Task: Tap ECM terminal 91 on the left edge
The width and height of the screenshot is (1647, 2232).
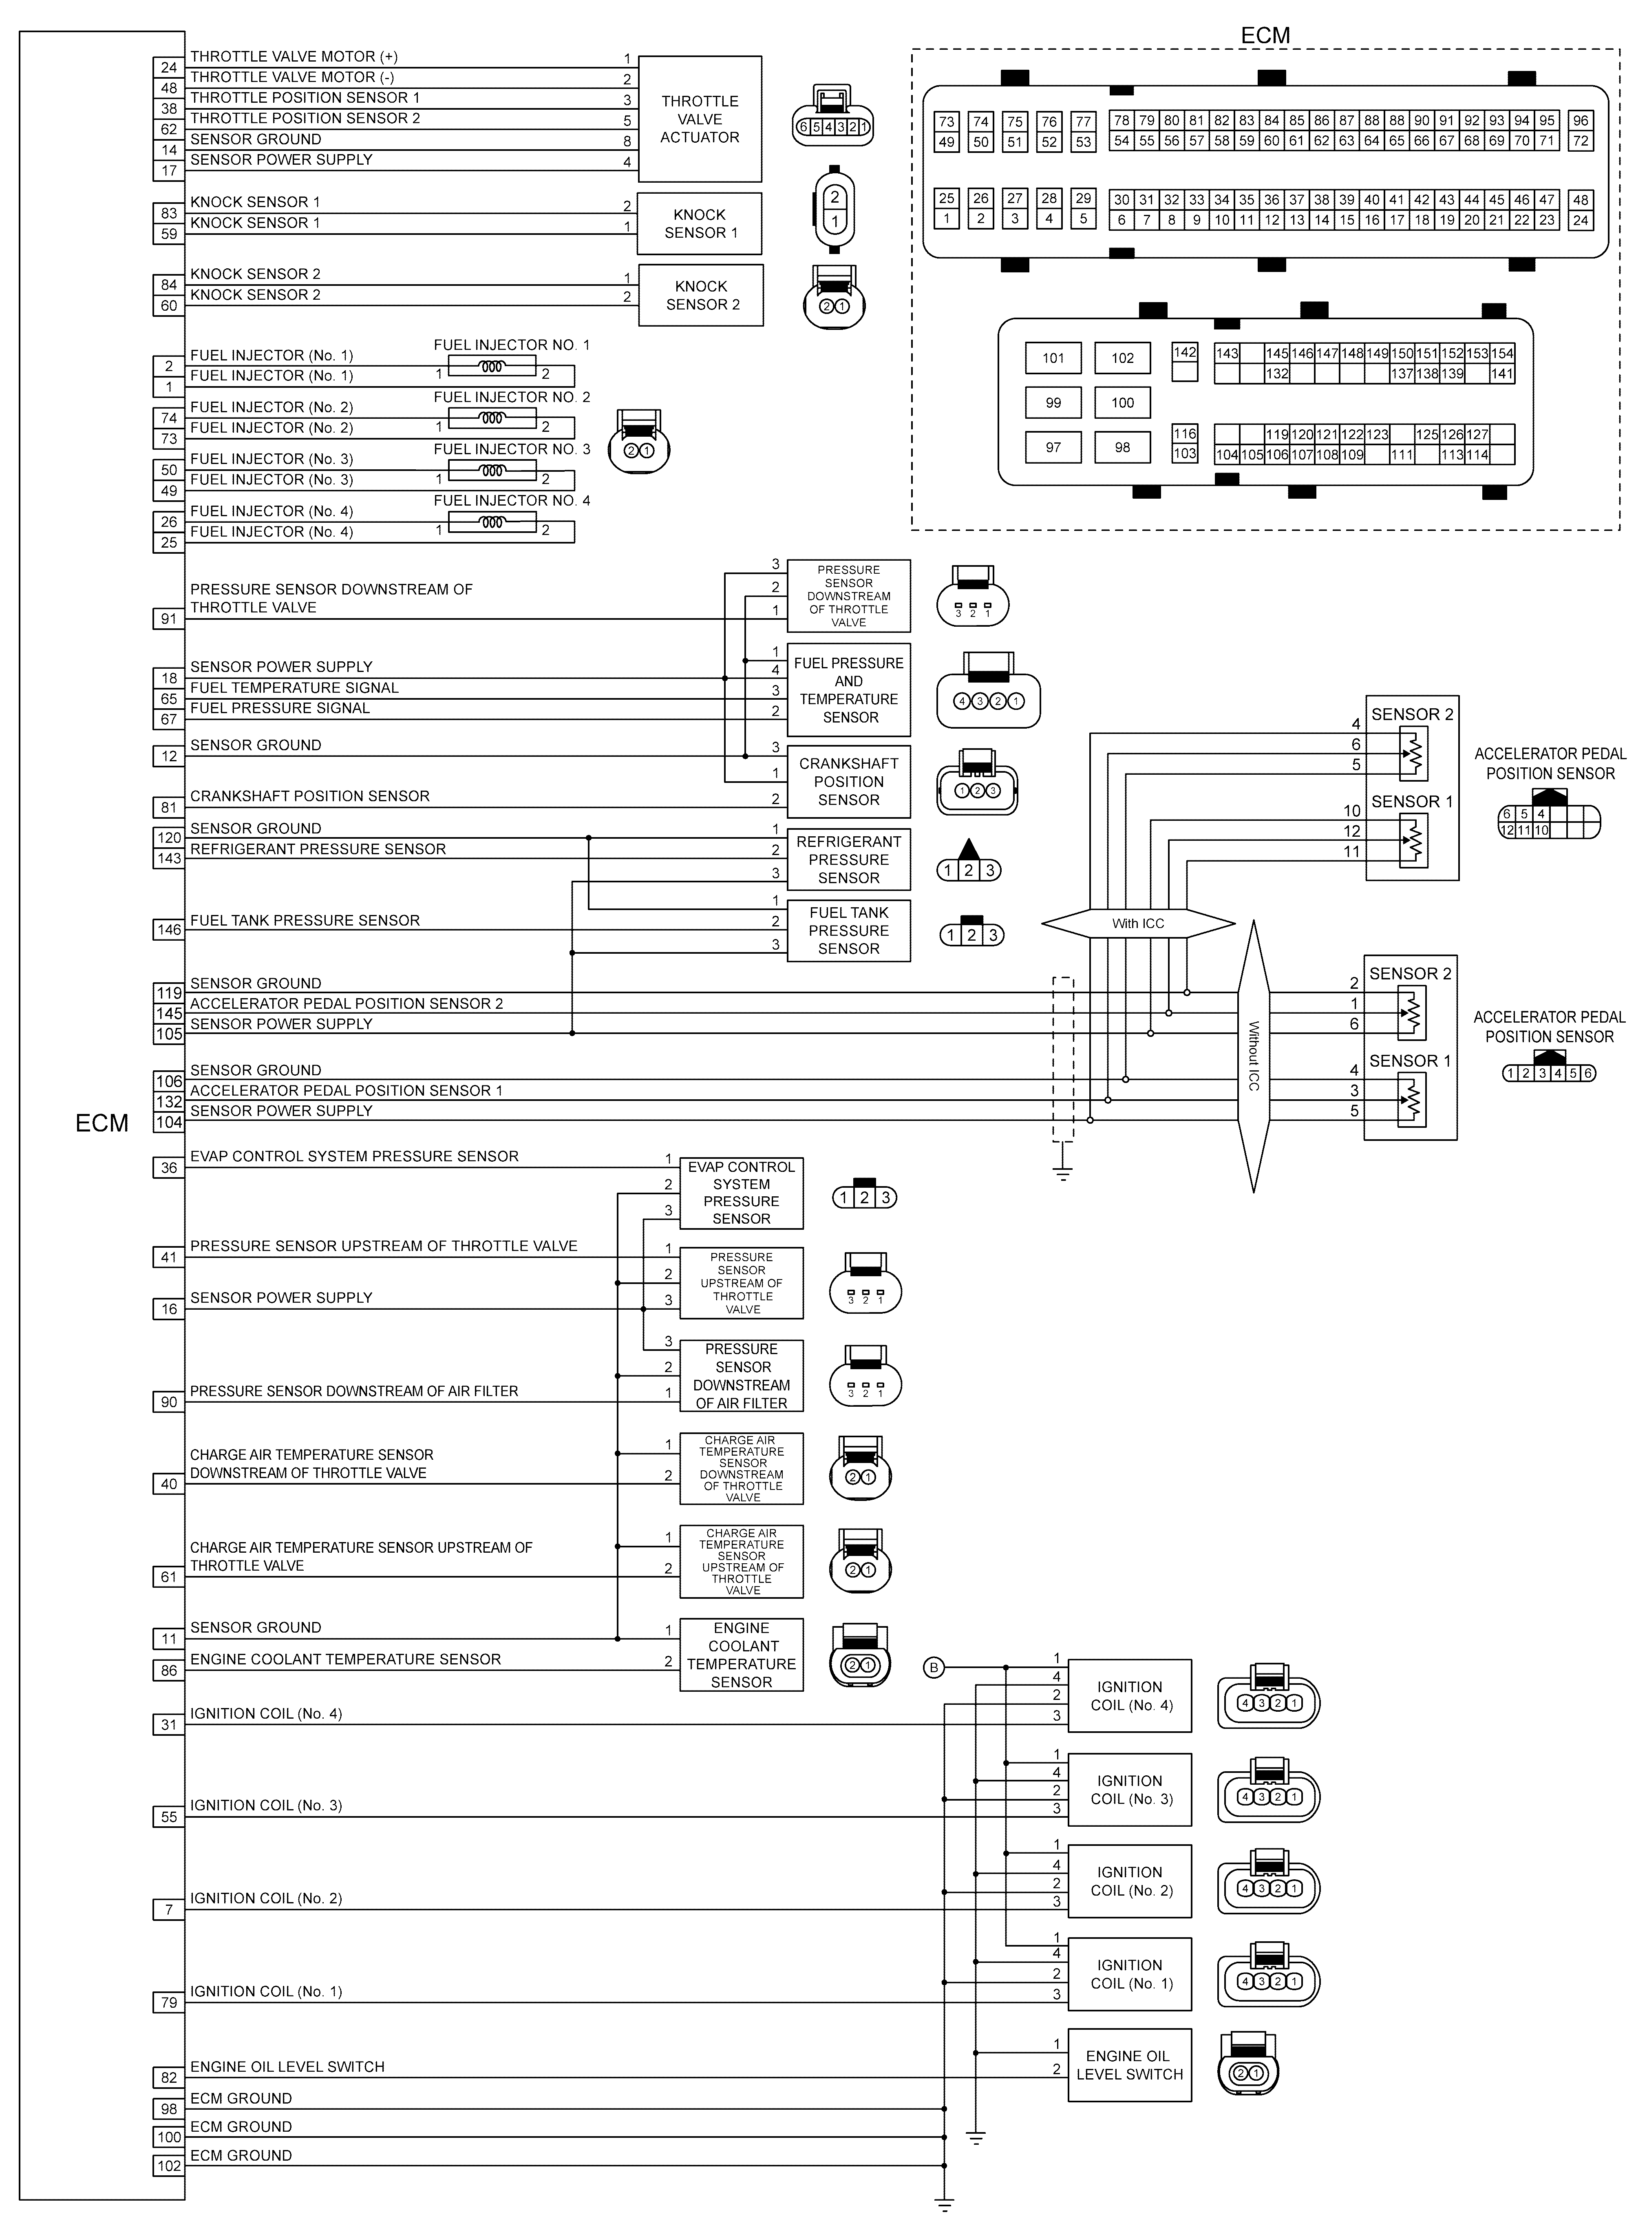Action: coord(168,619)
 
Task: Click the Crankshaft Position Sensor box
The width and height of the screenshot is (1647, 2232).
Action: coord(848,782)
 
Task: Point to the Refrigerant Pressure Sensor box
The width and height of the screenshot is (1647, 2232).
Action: coord(848,859)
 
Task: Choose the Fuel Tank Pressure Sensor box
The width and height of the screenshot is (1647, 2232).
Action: coord(848,930)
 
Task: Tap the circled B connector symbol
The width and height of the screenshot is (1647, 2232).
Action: coord(933,1667)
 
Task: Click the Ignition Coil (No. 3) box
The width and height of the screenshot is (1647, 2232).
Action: coord(1130,1789)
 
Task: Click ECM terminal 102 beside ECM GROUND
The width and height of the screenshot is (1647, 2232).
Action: coord(168,2166)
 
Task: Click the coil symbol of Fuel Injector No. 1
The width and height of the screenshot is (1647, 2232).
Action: coord(492,366)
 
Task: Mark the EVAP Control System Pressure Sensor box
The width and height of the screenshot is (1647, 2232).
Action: coord(742,1192)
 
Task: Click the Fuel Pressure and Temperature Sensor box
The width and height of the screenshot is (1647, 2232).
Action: coord(848,690)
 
